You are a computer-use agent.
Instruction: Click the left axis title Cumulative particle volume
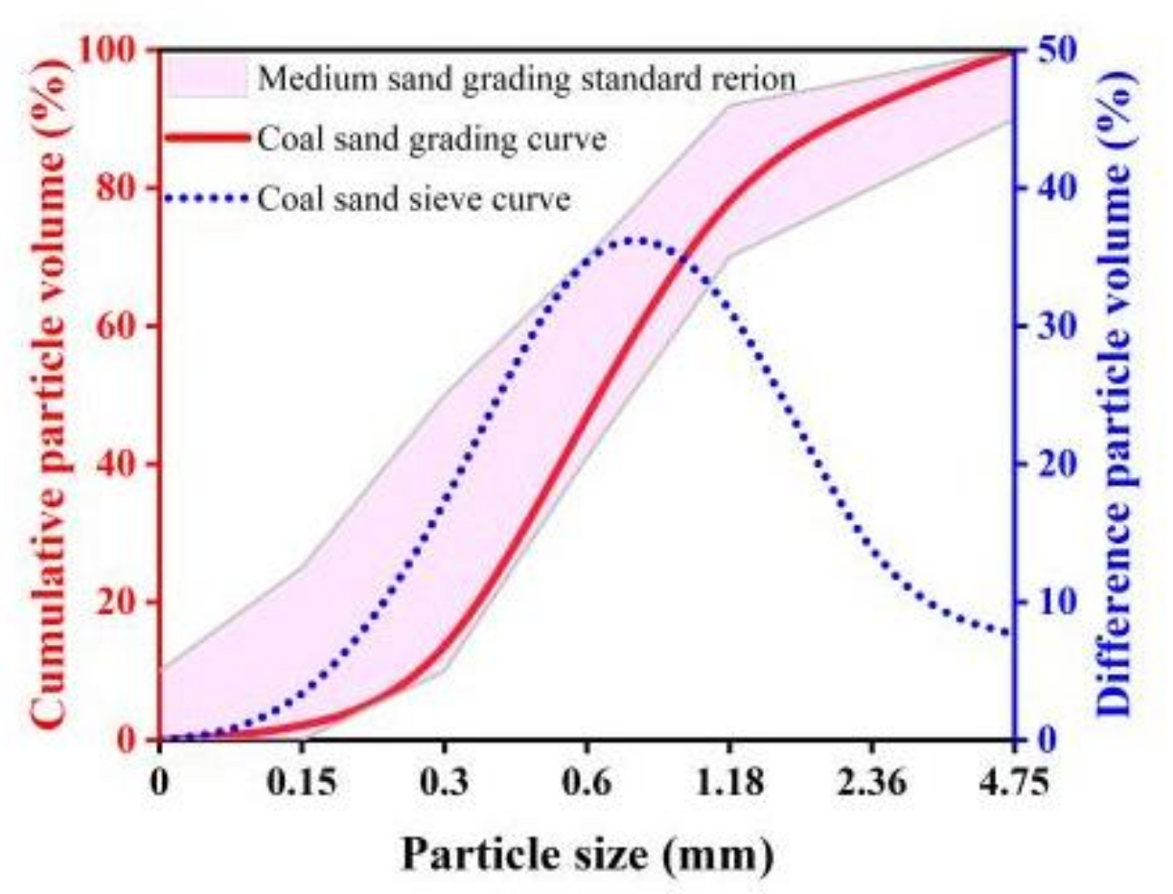[x=53, y=393]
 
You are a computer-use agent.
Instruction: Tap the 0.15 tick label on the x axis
[x=302, y=783]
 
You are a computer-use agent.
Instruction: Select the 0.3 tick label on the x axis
[x=444, y=783]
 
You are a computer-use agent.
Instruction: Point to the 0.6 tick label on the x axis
[x=586, y=783]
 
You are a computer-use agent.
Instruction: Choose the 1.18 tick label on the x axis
[x=728, y=783]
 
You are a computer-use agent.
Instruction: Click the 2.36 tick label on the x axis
[x=870, y=783]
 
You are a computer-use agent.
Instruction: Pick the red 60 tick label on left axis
[x=120, y=326]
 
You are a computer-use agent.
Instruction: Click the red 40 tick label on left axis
[x=120, y=465]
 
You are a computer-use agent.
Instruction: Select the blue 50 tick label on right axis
[x=1051, y=50]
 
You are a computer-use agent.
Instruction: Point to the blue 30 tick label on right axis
[x=1051, y=326]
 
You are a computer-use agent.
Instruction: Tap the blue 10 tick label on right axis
[x=1051, y=603]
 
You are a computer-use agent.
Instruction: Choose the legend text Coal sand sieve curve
[x=414, y=199]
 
